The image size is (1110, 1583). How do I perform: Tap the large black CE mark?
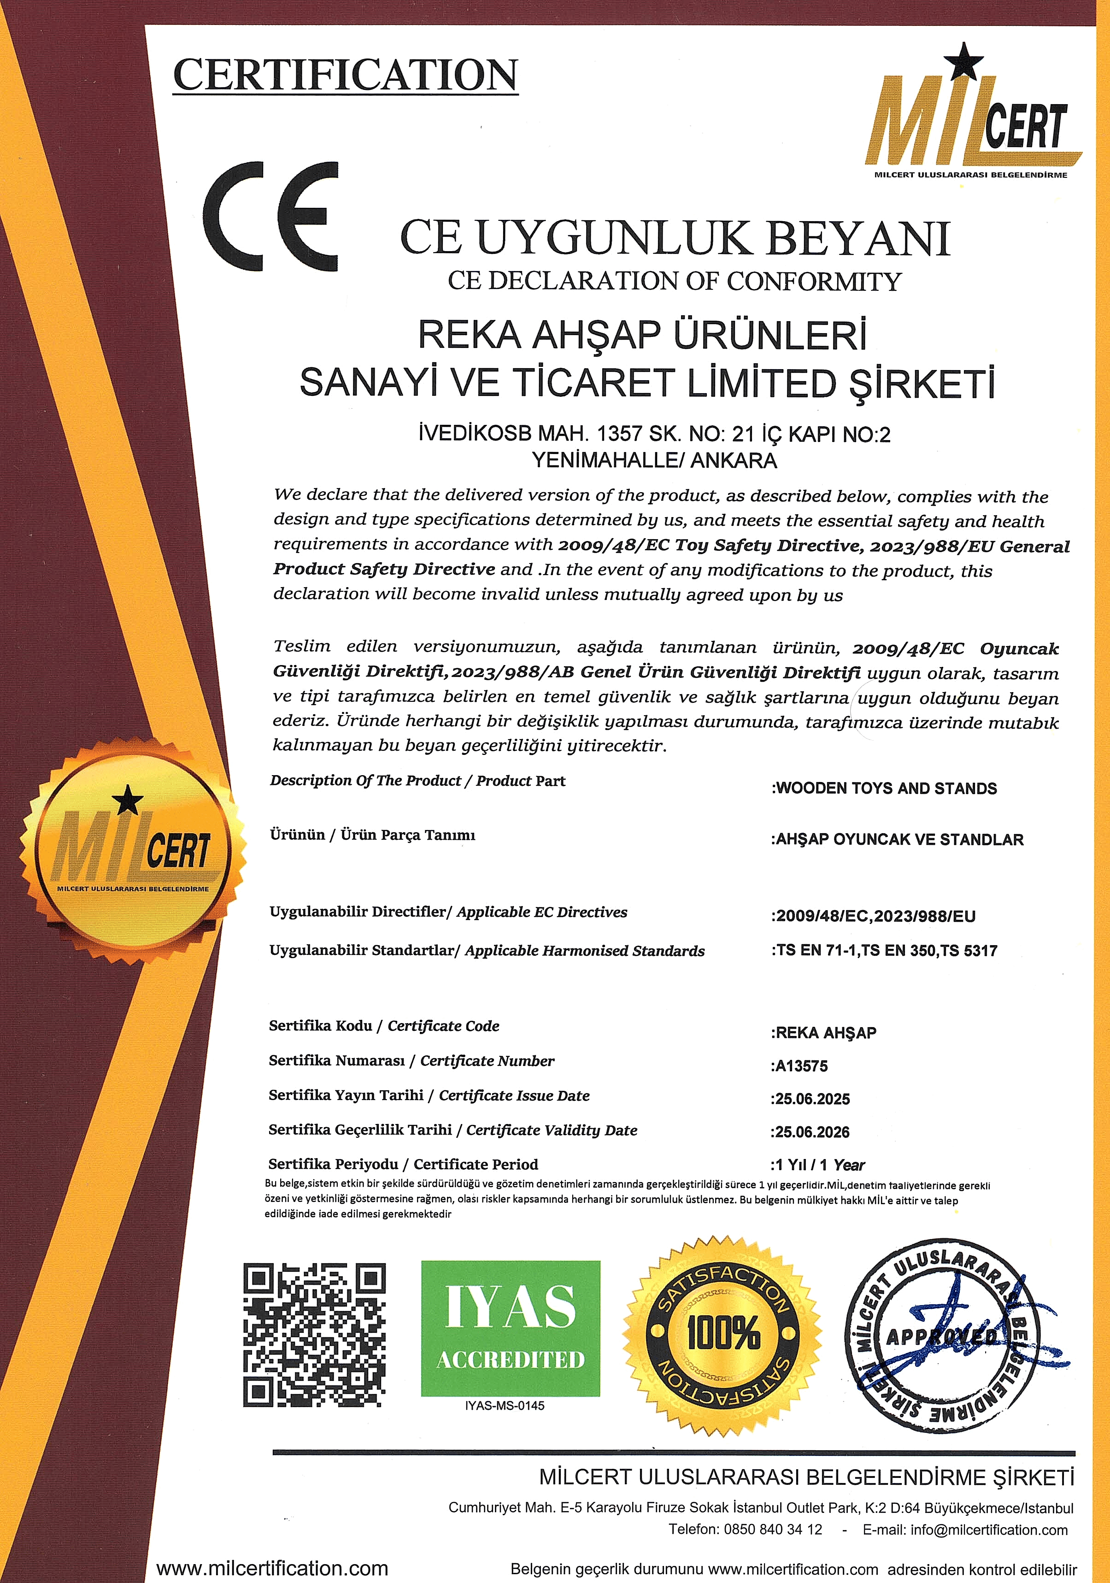[271, 216]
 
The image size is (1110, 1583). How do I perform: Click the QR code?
[314, 1336]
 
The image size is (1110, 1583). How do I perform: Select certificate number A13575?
[800, 1066]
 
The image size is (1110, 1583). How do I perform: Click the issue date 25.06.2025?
[811, 1099]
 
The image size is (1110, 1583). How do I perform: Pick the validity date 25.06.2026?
[811, 1132]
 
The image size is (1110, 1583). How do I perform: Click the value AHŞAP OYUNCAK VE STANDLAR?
[898, 840]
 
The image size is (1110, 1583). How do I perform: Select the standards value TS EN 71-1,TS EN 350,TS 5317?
[885, 951]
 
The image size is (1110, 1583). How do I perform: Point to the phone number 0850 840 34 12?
[773, 1529]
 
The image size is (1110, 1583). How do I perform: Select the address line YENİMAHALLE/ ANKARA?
[654, 460]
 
